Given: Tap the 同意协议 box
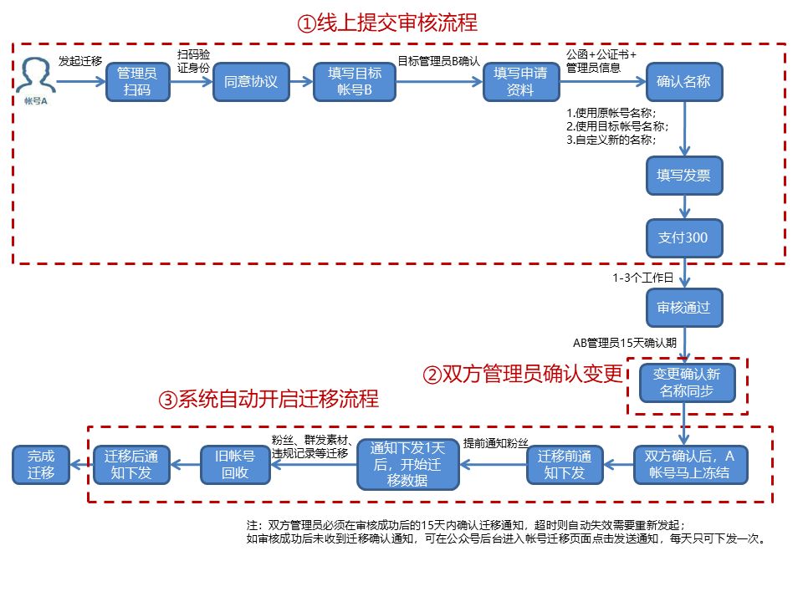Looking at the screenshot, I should tap(250, 82).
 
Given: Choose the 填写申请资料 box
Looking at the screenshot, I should tap(521, 82).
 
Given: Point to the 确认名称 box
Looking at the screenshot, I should tap(683, 82).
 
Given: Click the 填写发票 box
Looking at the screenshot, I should tap(683, 176).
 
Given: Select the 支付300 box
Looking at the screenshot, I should tap(683, 237).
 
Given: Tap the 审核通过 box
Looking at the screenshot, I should tap(683, 307).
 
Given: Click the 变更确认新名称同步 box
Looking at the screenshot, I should tap(687, 382).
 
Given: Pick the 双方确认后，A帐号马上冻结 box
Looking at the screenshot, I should tap(689, 465).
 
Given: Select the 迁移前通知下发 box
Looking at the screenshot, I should tap(565, 465).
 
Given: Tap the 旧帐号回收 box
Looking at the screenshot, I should tap(235, 465).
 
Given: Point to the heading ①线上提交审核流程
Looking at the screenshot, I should tap(386, 23).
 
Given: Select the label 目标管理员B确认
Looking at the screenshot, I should tap(437, 60).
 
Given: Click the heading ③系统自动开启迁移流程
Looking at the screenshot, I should tap(268, 399).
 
